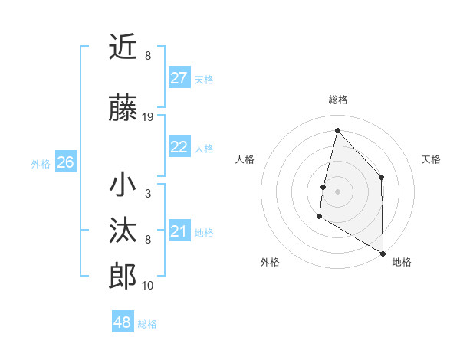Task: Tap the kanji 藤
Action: coord(123,108)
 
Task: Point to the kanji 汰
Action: coord(123,231)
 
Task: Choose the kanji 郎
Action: coord(123,276)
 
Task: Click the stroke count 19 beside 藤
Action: coord(148,117)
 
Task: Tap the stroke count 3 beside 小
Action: coord(148,194)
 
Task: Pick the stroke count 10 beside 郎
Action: coord(148,286)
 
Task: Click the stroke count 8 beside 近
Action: coord(148,56)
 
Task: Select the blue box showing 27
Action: coord(179,78)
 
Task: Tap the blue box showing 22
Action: coord(179,148)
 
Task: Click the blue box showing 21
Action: coord(179,231)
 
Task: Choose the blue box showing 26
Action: coord(65,162)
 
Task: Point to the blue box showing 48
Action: coord(123,322)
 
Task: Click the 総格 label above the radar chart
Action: coord(337,100)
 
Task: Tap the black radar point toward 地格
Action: coord(383,253)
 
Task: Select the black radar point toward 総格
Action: coord(337,129)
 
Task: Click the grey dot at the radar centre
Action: coord(337,191)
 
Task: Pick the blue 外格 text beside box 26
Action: coord(41,163)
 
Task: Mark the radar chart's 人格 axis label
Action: coord(245,159)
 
